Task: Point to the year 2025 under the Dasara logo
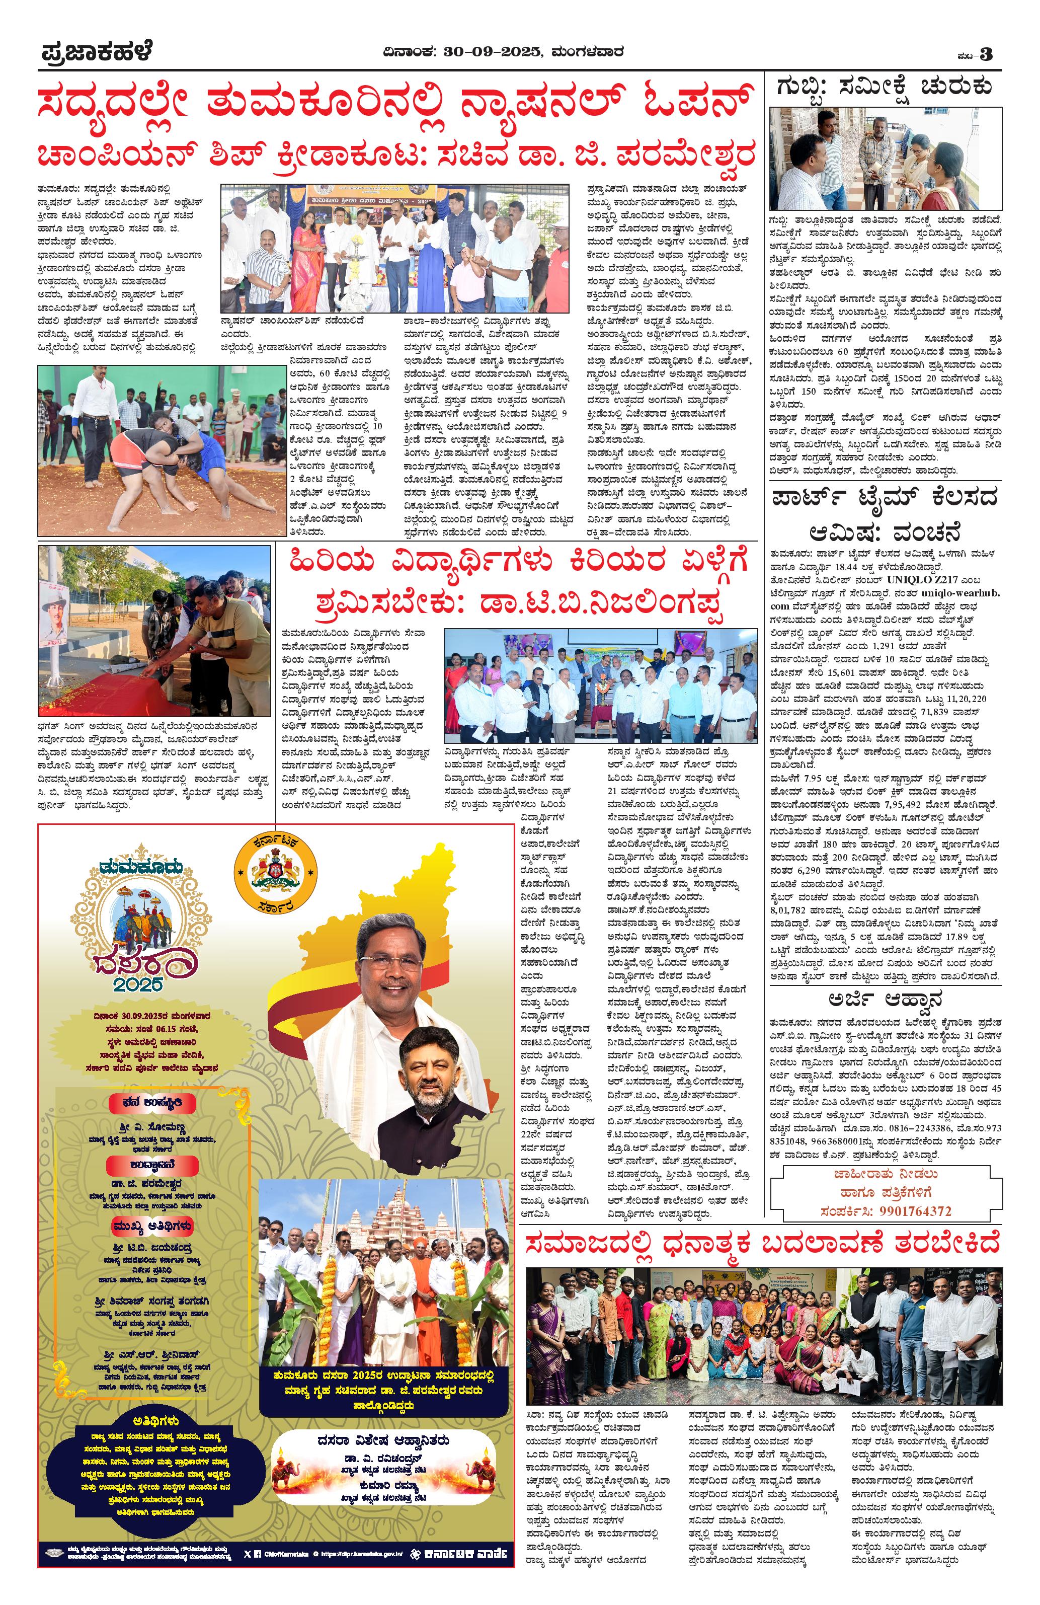coord(137,984)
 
